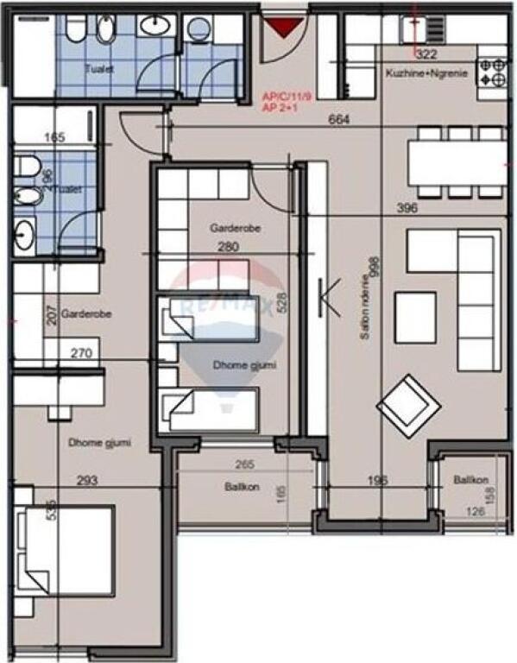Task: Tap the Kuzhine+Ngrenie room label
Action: [x=426, y=74]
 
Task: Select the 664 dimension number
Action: [x=339, y=120]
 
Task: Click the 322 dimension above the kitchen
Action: [x=425, y=54]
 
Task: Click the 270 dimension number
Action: [x=80, y=353]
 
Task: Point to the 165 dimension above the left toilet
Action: [x=54, y=137]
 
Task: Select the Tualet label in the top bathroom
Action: [x=99, y=66]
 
